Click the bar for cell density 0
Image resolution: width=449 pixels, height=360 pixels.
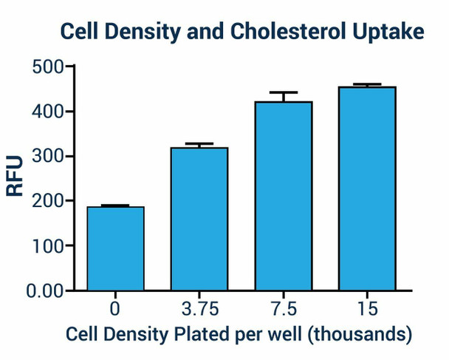point(115,248)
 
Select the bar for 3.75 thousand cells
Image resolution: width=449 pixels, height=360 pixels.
point(199,219)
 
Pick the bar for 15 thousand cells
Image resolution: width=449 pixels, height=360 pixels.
point(367,189)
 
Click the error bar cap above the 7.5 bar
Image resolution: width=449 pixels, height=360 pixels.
point(284,93)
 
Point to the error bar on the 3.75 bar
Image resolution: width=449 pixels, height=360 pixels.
point(199,144)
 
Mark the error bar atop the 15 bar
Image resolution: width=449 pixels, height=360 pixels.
point(367,85)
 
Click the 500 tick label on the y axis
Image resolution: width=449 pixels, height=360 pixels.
point(48,67)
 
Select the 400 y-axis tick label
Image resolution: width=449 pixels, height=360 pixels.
point(48,112)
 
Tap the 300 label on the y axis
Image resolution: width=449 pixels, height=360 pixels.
point(48,156)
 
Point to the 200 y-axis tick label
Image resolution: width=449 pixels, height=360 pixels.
point(48,201)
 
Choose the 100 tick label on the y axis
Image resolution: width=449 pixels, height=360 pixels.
point(48,245)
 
